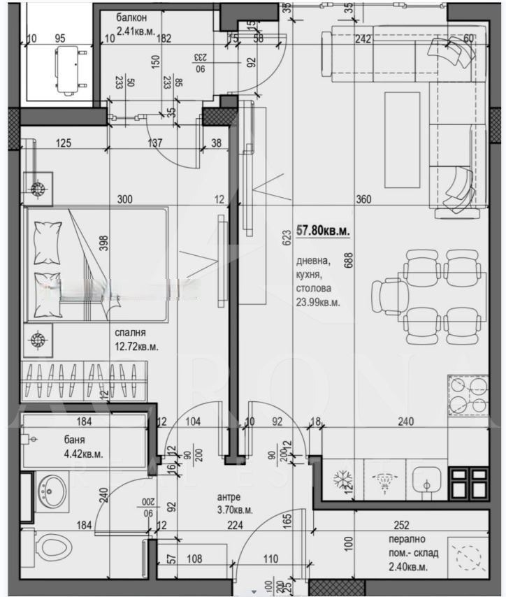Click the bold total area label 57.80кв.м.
322,229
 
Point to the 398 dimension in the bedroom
103,243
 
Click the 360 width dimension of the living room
363,199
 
